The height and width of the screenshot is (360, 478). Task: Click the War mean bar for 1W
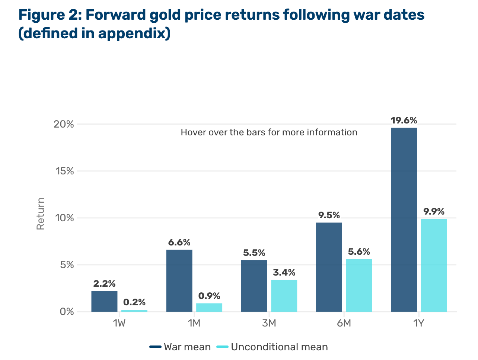pyautogui.click(x=104, y=301)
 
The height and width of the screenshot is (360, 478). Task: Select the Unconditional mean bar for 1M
pyautogui.click(x=209, y=308)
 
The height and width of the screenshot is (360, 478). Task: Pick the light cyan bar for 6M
pyautogui.click(x=359, y=285)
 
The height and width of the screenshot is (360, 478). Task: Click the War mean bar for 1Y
pyautogui.click(x=404, y=219)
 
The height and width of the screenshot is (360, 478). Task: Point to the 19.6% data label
pyautogui.click(x=404, y=120)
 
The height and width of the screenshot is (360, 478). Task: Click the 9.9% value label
pyautogui.click(x=434, y=212)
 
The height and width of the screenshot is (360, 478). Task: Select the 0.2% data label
pyautogui.click(x=134, y=303)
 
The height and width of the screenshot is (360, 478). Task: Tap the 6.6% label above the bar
pyautogui.click(x=179, y=242)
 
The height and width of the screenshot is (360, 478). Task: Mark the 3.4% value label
pyautogui.click(x=284, y=273)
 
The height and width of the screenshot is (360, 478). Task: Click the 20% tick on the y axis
pyautogui.click(x=64, y=124)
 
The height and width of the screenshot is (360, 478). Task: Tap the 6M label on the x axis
pyautogui.click(x=344, y=323)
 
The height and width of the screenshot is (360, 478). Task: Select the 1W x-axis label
pyautogui.click(x=119, y=323)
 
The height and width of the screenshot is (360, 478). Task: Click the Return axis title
pyautogui.click(x=41, y=214)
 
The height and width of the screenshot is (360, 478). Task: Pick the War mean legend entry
pyautogui.click(x=180, y=347)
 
